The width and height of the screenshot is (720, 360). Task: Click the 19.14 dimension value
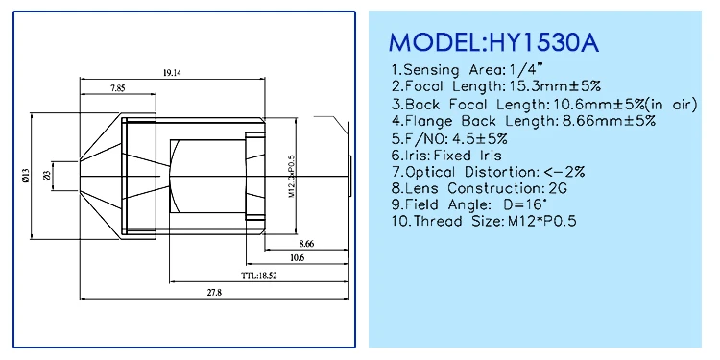pos(171,73)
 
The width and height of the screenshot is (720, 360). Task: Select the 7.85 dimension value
pos(117,88)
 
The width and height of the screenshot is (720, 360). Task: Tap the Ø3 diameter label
pos(46,175)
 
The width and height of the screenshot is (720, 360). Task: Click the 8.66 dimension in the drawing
pos(306,244)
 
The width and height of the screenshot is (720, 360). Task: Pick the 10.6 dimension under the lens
pos(297,257)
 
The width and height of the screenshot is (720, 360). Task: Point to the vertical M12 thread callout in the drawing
pos(291,177)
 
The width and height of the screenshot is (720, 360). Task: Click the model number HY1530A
pos(544,42)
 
